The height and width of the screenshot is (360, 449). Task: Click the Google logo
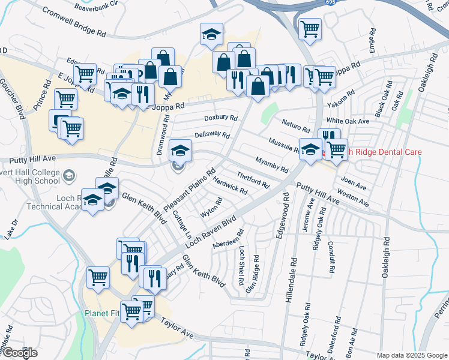(x=19, y=353)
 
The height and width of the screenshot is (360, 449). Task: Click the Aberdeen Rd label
(x=228, y=241)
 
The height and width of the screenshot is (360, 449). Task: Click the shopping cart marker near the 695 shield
(x=310, y=28)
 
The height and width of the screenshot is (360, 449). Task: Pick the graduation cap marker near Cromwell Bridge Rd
(x=211, y=34)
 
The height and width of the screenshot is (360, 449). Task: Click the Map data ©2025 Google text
(x=412, y=355)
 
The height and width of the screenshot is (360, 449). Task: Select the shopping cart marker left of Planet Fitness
(x=98, y=277)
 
